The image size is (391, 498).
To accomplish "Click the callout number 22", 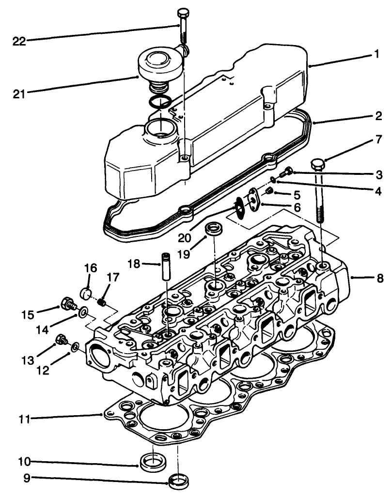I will [19, 41].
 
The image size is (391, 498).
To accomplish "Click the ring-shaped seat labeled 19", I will [213, 228].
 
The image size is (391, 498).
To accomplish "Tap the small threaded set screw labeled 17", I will [102, 303].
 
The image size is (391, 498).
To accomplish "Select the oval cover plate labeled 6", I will [252, 199].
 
